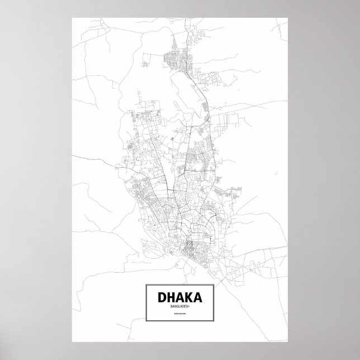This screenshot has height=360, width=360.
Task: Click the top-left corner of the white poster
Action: pos(72,17)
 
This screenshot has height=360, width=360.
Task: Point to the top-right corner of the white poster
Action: pos(288,17)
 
